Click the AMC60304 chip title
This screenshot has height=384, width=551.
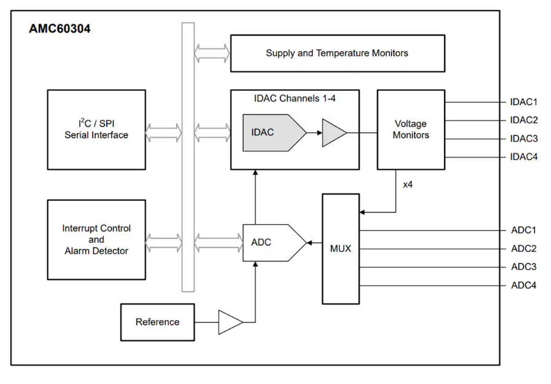point(60,29)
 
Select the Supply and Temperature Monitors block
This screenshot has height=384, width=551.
point(337,53)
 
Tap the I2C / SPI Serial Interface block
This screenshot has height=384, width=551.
point(97,130)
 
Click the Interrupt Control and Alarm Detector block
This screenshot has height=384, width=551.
point(97,240)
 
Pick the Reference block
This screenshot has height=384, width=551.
point(157,322)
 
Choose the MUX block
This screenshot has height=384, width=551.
point(341,248)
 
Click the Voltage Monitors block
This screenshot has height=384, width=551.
point(411,130)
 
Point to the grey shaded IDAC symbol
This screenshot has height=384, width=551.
point(271,133)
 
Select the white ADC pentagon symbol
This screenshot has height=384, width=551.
point(271,243)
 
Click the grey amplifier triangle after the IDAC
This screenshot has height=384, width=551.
point(332,133)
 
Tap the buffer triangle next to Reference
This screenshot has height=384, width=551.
point(229,322)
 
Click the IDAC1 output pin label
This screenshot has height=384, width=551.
point(524,102)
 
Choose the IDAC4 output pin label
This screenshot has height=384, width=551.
point(524,157)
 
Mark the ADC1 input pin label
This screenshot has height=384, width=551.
point(524,230)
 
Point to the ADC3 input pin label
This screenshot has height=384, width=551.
point(524,267)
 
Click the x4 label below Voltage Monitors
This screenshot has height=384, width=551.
point(408,184)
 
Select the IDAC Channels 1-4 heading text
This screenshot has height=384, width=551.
point(295,98)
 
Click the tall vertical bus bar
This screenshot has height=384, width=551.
point(188,157)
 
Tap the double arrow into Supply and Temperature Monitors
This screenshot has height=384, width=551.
point(212,53)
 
